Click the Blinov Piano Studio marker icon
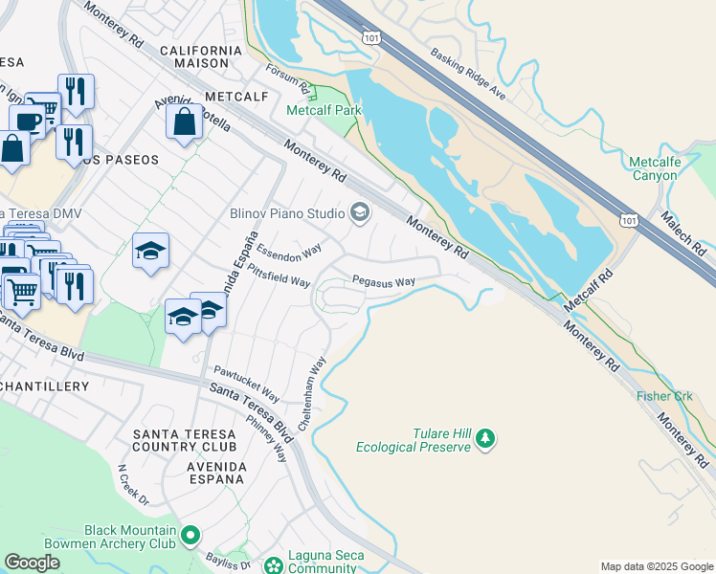[x=361, y=212]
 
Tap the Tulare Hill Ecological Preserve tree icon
[x=486, y=439]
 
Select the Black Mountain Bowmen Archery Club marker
[x=190, y=536]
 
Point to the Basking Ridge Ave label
[x=467, y=75]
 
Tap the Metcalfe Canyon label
[x=656, y=168]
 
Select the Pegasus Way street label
[x=383, y=282]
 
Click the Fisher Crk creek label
[x=664, y=395]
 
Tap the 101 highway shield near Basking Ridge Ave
[x=371, y=35]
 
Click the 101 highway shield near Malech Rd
[x=628, y=220]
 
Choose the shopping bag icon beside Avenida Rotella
[x=184, y=122]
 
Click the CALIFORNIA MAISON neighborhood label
[x=201, y=56]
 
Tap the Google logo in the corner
[x=33, y=563]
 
